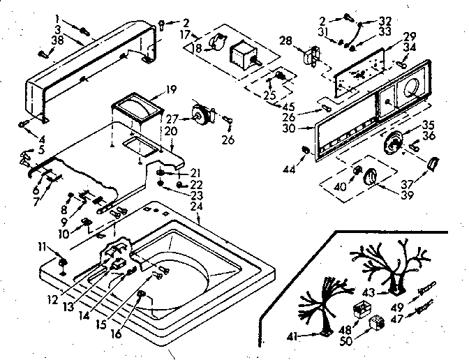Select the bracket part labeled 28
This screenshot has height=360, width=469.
pyautogui.click(x=312, y=55)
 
